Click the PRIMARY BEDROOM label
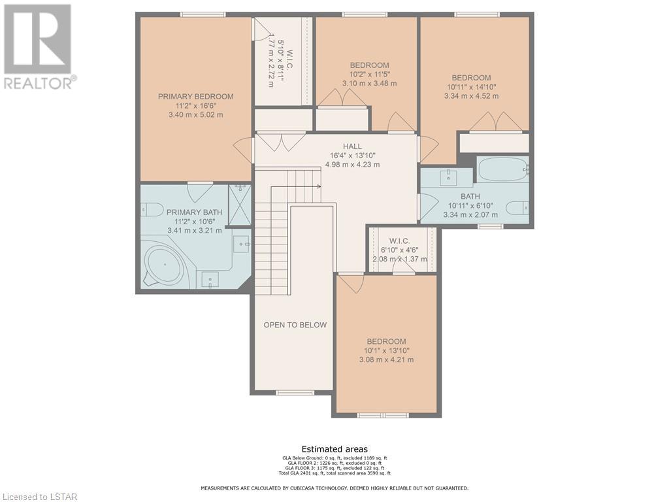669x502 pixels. pos(196,97)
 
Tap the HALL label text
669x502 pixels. pos(352,146)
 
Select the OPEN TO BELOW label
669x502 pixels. pos(295,325)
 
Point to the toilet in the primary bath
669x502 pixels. pos(152,210)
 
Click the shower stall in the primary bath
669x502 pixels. pos(240,205)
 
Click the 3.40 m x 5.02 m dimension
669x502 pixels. pos(196,115)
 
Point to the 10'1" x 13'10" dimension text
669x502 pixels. pos(387,350)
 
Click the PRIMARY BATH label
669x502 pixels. pos(195,212)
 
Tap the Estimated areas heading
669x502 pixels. pos(334,449)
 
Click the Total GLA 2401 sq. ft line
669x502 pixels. pos(334,473)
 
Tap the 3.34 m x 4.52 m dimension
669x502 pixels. pos(472,96)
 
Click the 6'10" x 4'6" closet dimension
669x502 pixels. pos(400,250)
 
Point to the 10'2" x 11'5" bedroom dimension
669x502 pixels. pos(370,74)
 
